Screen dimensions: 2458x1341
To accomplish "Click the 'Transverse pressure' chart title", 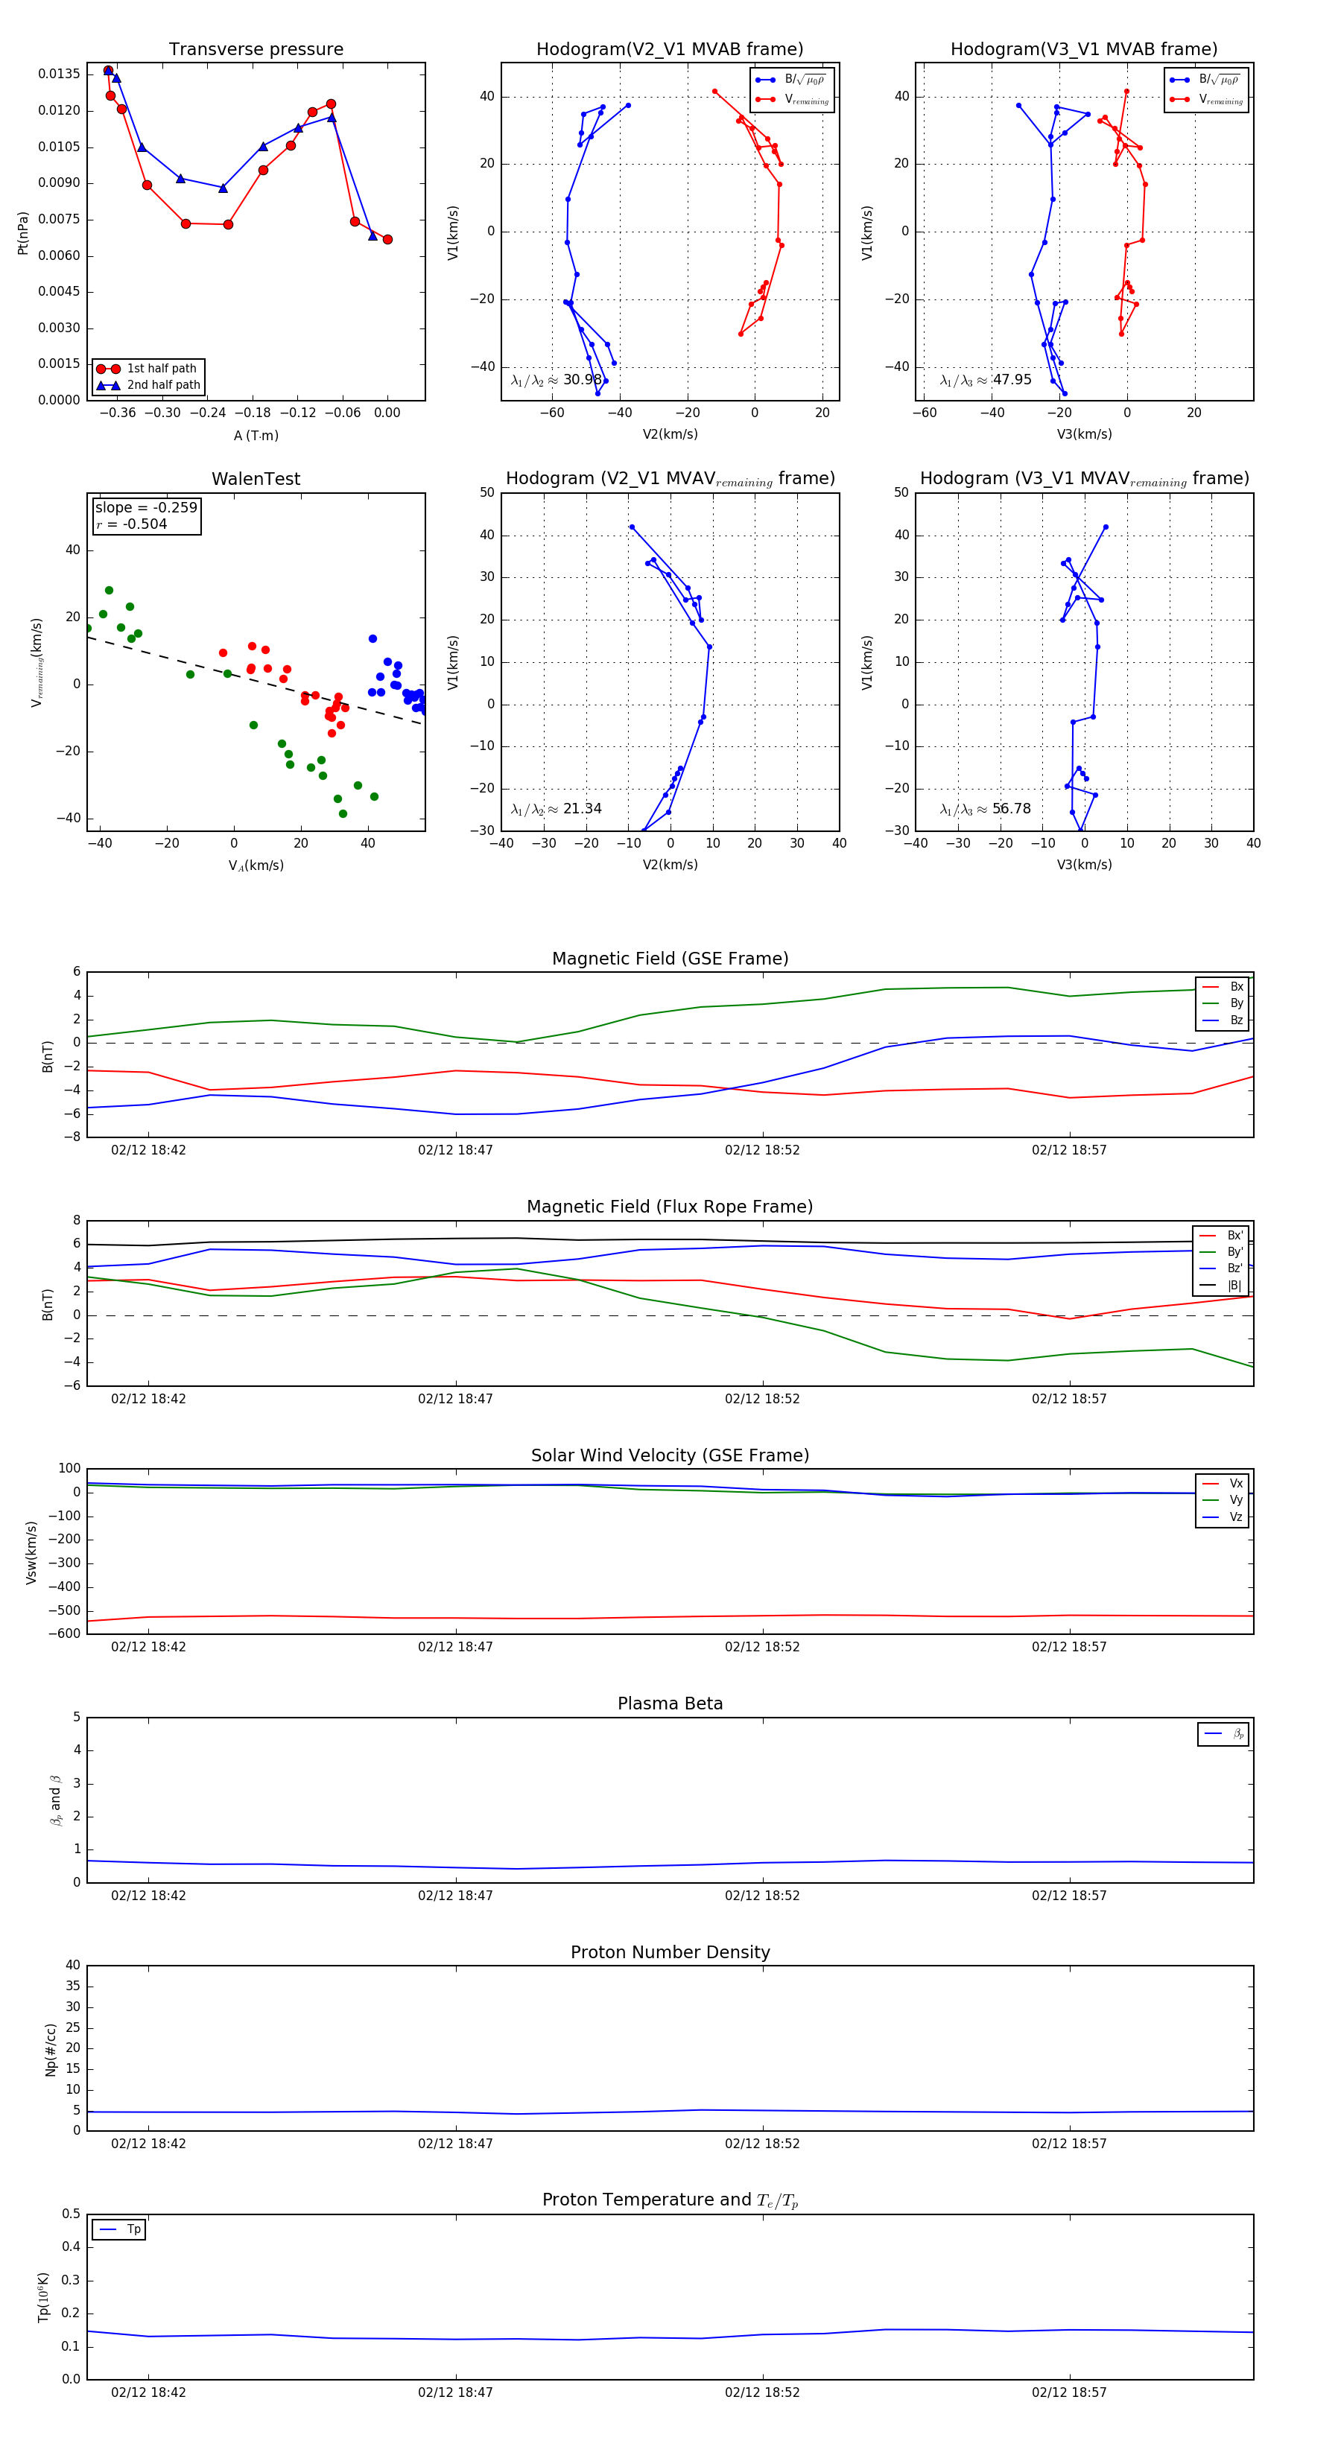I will point(256,50).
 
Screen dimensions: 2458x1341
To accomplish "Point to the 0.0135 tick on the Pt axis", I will point(58,74).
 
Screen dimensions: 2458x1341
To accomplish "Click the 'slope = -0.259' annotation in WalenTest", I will point(146,508).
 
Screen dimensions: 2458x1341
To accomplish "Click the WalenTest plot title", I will point(256,479).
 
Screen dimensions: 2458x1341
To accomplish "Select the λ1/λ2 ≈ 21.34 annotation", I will point(557,809).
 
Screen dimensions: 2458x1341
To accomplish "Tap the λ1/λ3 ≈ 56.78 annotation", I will point(985,809).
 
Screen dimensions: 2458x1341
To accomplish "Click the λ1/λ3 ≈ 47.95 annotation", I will point(985,380).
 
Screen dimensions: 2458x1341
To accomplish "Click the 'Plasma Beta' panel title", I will point(670,1704).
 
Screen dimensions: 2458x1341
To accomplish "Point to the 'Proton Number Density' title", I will point(670,1952).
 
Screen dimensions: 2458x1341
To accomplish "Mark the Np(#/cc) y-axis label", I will point(51,2050).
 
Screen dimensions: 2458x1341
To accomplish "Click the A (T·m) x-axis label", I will point(256,436).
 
